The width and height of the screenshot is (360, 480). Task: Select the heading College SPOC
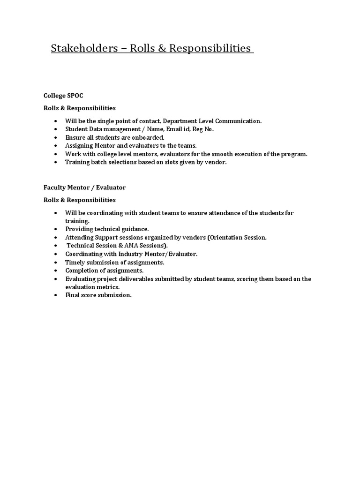(x=63, y=95)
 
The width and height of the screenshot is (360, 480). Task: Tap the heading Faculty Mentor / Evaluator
(x=84, y=187)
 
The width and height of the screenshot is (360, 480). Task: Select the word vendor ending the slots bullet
(x=216, y=162)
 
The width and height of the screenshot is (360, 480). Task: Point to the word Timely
(x=75, y=262)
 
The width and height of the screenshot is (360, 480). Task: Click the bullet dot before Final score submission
(x=55, y=295)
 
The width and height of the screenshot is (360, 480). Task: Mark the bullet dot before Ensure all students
(x=55, y=138)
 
